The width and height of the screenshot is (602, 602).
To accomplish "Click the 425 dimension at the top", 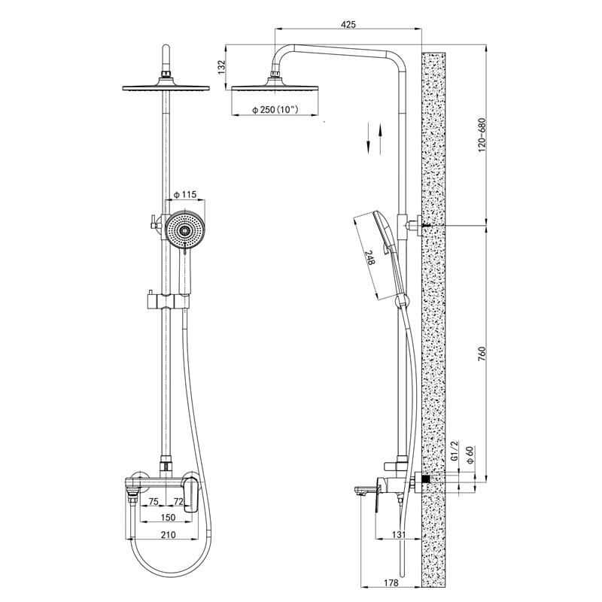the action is point(348,24).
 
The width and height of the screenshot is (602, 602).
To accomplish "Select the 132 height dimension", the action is point(221,67).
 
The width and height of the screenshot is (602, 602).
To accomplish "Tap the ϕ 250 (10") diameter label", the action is point(275,110).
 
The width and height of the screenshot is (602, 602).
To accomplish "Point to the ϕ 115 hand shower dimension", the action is point(184,195).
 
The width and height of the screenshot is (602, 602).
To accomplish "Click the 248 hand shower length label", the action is point(369,257).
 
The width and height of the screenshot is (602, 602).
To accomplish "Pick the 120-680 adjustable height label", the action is point(482,135).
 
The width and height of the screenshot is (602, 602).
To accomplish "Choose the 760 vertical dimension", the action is point(482,354).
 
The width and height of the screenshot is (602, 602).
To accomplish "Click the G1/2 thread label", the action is point(455,451).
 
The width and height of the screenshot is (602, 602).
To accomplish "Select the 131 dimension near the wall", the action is point(399,534).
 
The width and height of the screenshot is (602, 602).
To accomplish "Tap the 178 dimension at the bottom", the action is point(391,582).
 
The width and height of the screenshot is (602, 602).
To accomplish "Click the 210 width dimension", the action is point(168,534).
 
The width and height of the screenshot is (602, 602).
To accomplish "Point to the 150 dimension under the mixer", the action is point(168,517).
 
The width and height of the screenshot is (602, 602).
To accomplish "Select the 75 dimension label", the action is point(154,501).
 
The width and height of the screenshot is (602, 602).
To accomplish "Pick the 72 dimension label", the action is point(178,501).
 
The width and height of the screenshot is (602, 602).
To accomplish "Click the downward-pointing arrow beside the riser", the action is point(368,138).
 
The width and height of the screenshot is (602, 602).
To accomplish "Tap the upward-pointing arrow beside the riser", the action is point(380,139).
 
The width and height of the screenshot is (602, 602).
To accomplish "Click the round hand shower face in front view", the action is point(184,230).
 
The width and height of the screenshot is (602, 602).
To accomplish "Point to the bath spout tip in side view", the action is point(358,491).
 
